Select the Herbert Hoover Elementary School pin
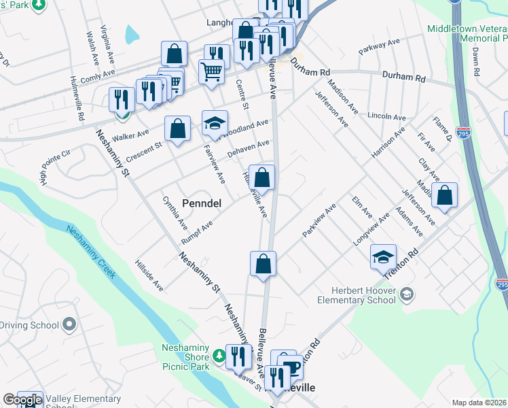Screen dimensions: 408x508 click(x=407, y=294)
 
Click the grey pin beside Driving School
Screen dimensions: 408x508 click(x=69, y=325)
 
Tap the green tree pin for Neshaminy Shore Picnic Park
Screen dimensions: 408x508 click(x=219, y=355)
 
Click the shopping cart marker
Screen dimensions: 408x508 click(x=212, y=71)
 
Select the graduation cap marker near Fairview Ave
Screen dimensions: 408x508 click(x=215, y=124)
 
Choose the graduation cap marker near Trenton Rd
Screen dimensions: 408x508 click(x=383, y=257)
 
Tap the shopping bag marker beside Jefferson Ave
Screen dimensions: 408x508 click(x=444, y=195)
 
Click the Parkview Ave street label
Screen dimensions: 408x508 click(x=319, y=220)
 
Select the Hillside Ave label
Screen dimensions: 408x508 click(x=149, y=275)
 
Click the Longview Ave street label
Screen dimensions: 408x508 click(x=371, y=229)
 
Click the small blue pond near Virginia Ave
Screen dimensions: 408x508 click(x=131, y=32)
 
